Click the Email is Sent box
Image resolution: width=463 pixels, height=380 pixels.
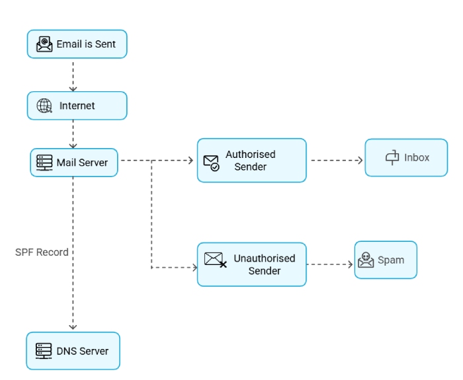click(77, 44)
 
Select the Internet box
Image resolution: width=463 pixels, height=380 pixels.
click(77, 106)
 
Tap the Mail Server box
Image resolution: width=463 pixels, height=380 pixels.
click(74, 163)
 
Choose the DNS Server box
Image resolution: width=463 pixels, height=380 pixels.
click(73, 351)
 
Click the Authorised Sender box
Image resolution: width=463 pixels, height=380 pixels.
click(251, 161)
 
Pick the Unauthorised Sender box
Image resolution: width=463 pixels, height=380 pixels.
click(251, 264)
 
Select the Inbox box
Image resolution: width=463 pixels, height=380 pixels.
click(406, 158)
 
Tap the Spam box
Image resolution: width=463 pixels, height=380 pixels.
click(386, 260)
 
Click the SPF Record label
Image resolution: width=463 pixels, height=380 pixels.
click(42, 252)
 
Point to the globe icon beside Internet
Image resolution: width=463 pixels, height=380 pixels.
click(44, 106)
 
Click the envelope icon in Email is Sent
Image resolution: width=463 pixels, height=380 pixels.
click(44, 44)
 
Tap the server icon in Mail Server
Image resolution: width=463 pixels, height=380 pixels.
click(44, 163)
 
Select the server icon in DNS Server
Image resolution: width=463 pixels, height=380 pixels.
click(44, 351)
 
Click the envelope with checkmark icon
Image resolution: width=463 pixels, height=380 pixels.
click(211, 163)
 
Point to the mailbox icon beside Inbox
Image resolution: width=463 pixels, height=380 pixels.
click(392, 158)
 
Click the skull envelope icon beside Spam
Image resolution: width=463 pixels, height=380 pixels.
click(366, 260)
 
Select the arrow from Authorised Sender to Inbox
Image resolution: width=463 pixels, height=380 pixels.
click(336, 161)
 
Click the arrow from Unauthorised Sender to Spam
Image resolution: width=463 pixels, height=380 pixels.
click(330, 265)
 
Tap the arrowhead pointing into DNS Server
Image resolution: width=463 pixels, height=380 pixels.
click(73, 326)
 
